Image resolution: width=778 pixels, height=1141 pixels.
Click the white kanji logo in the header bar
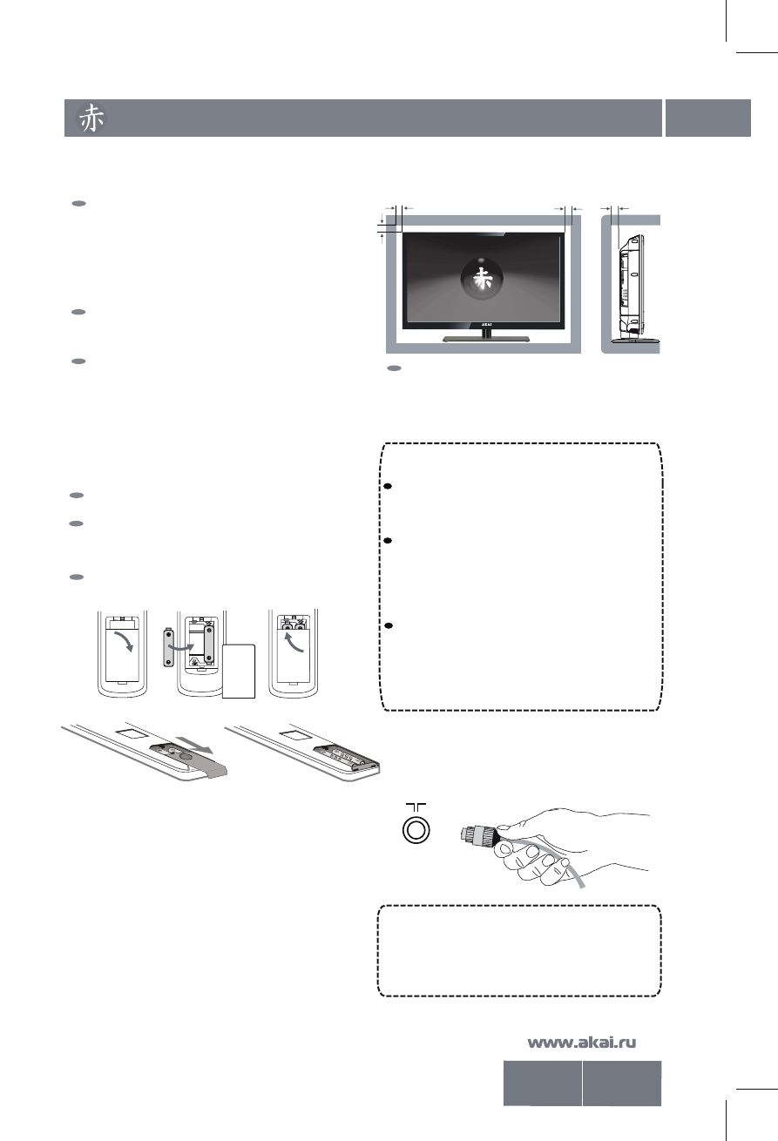pyautogui.click(x=93, y=118)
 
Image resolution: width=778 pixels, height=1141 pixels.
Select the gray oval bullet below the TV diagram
pyautogui.click(x=395, y=369)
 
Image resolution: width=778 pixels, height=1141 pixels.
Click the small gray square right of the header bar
pyautogui.click(x=707, y=118)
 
